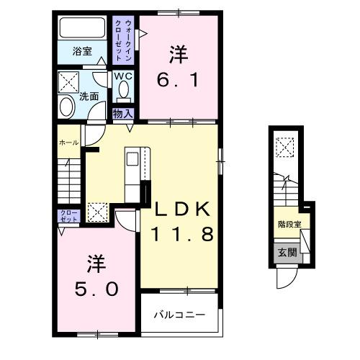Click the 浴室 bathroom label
tap(82, 51)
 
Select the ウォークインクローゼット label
tap(122, 40)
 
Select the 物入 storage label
tap(122, 113)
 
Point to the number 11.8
tap(181, 234)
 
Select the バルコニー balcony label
tap(180, 315)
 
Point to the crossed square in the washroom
tap(69, 79)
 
